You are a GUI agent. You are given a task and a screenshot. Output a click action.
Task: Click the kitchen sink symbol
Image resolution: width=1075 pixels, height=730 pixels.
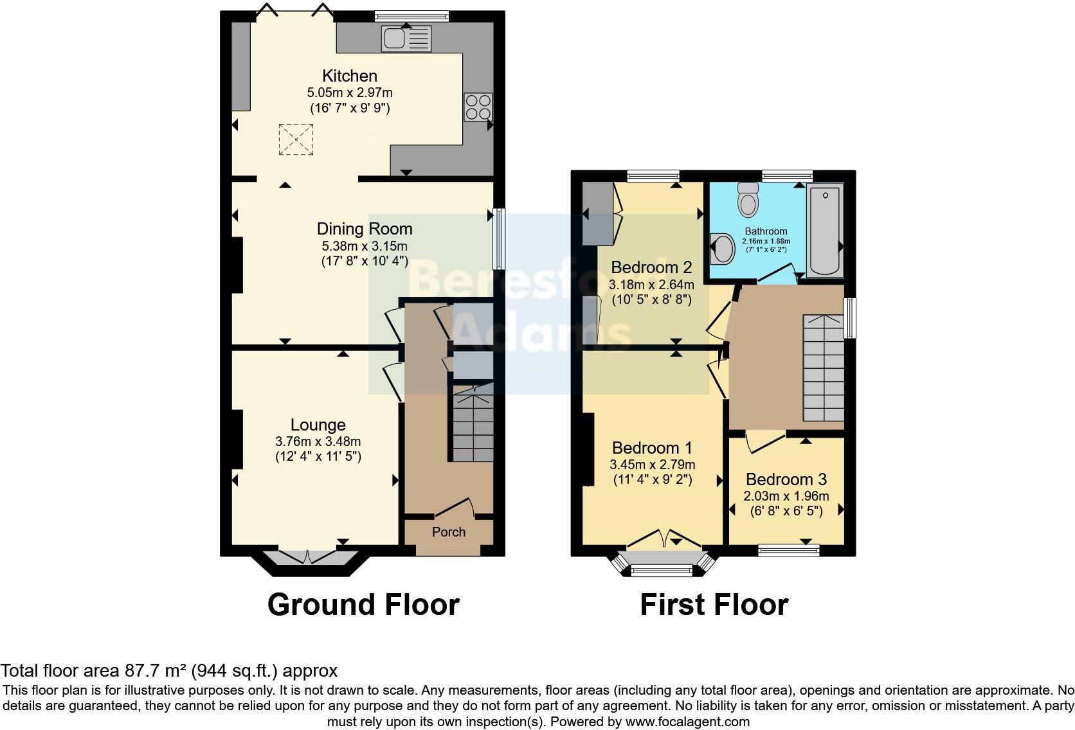pyautogui.click(x=406, y=39)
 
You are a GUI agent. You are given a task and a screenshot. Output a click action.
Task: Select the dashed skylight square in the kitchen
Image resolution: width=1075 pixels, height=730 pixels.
pyautogui.click(x=296, y=139)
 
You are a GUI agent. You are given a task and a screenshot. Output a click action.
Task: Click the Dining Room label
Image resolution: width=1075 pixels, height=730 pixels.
pyautogui.click(x=365, y=229)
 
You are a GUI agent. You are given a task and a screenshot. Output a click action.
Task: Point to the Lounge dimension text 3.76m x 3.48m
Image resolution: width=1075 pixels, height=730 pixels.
pyautogui.click(x=318, y=441)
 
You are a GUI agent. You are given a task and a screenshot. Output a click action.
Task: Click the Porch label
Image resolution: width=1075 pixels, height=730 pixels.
pyautogui.click(x=448, y=532)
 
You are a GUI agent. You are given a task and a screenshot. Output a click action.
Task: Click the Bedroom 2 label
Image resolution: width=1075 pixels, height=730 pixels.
pyautogui.click(x=651, y=267)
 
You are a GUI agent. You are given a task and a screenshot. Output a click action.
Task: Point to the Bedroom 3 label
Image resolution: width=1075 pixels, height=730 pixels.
pyautogui.click(x=786, y=479)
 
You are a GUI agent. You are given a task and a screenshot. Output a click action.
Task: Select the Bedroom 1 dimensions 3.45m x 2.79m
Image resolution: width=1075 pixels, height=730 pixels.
pyautogui.click(x=652, y=465)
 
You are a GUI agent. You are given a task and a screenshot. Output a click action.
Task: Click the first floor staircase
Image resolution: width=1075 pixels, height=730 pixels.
pyautogui.click(x=822, y=368)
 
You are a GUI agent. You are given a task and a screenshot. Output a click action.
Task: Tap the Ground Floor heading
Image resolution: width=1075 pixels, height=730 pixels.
pyautogui.click(x=363, y=605)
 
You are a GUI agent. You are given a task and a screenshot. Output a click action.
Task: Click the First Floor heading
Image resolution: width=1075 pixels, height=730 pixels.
pyautogui.click(x=714, y=605)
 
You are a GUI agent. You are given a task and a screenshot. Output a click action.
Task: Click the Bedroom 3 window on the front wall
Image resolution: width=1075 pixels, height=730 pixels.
pyautogui.click(x=788, y=549)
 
